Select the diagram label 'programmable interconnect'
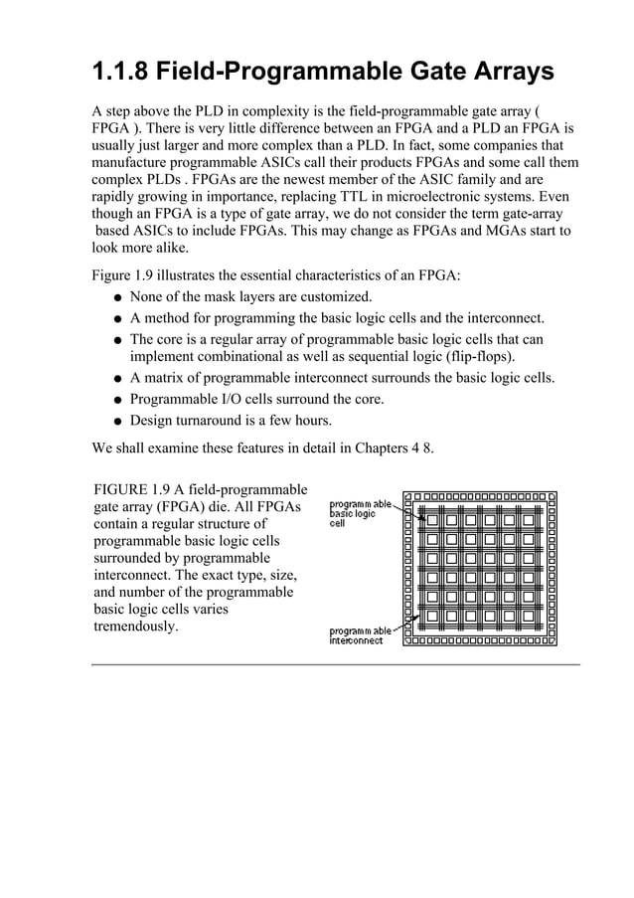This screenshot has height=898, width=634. point(361,635)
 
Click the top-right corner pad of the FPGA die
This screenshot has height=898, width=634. point(552,495)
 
